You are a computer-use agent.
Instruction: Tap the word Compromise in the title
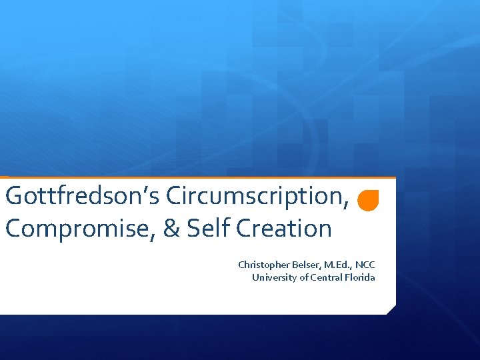tap(79, 229)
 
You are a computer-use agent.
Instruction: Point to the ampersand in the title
tap(171, 229)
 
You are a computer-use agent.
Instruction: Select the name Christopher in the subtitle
tap(261, 265)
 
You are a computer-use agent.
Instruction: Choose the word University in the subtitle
tap(273, 277)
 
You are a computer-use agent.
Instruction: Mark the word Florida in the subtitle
tap(360, 277)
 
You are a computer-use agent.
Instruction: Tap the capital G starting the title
tap(13, 196)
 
